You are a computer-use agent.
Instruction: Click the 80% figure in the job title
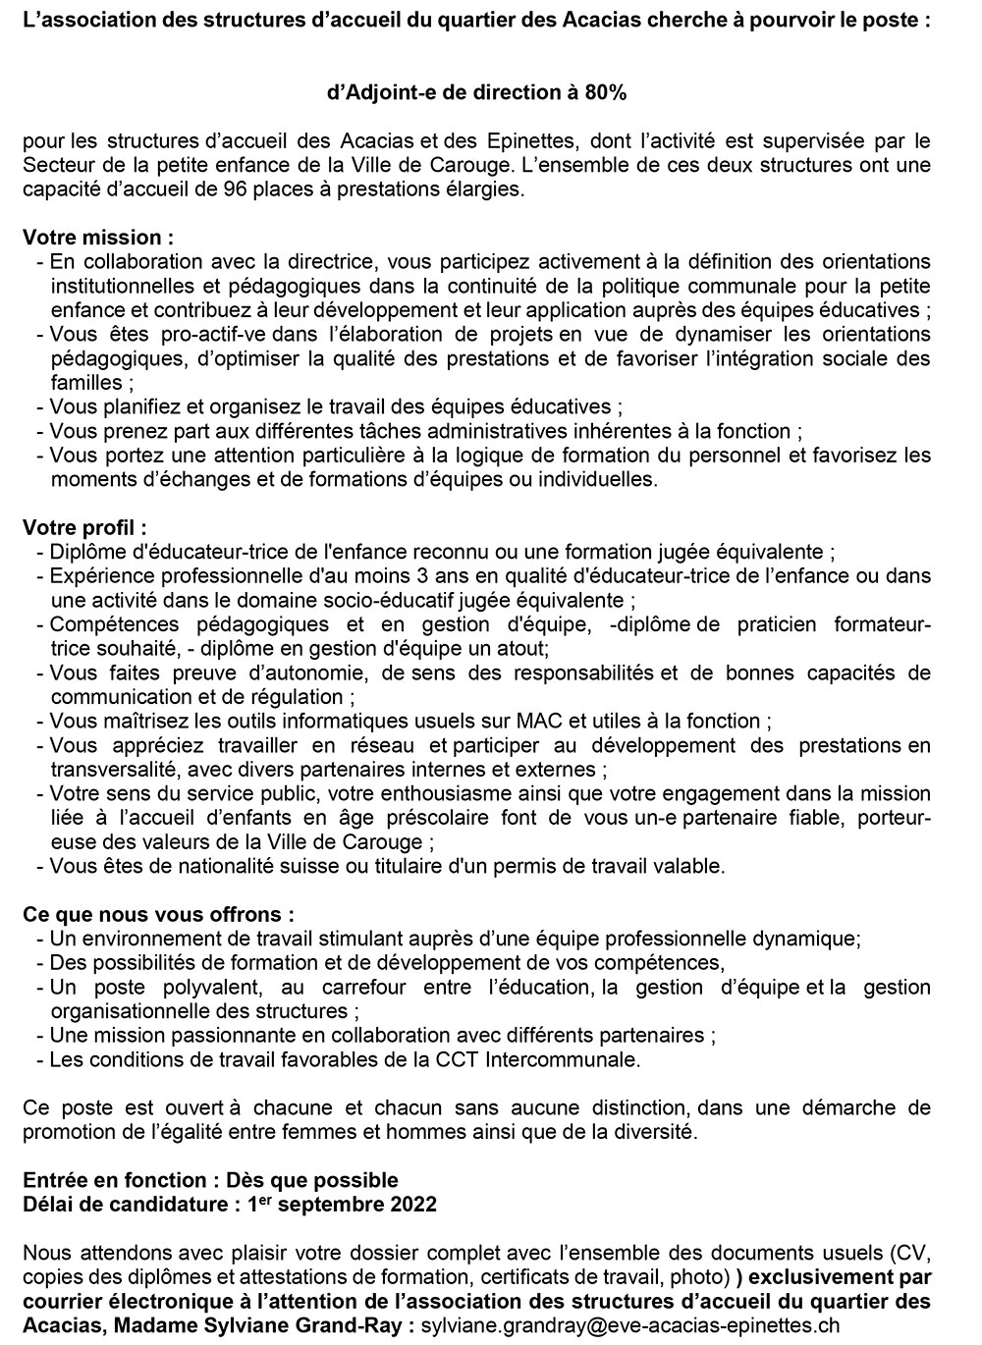(604, 93)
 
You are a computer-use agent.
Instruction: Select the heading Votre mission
(98, 238)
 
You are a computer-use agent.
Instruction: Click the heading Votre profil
(84, 528)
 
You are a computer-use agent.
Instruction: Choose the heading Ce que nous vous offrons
(158, 915)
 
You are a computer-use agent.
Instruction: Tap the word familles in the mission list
(85, 383)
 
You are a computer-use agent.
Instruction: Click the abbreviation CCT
(479, 1060)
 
